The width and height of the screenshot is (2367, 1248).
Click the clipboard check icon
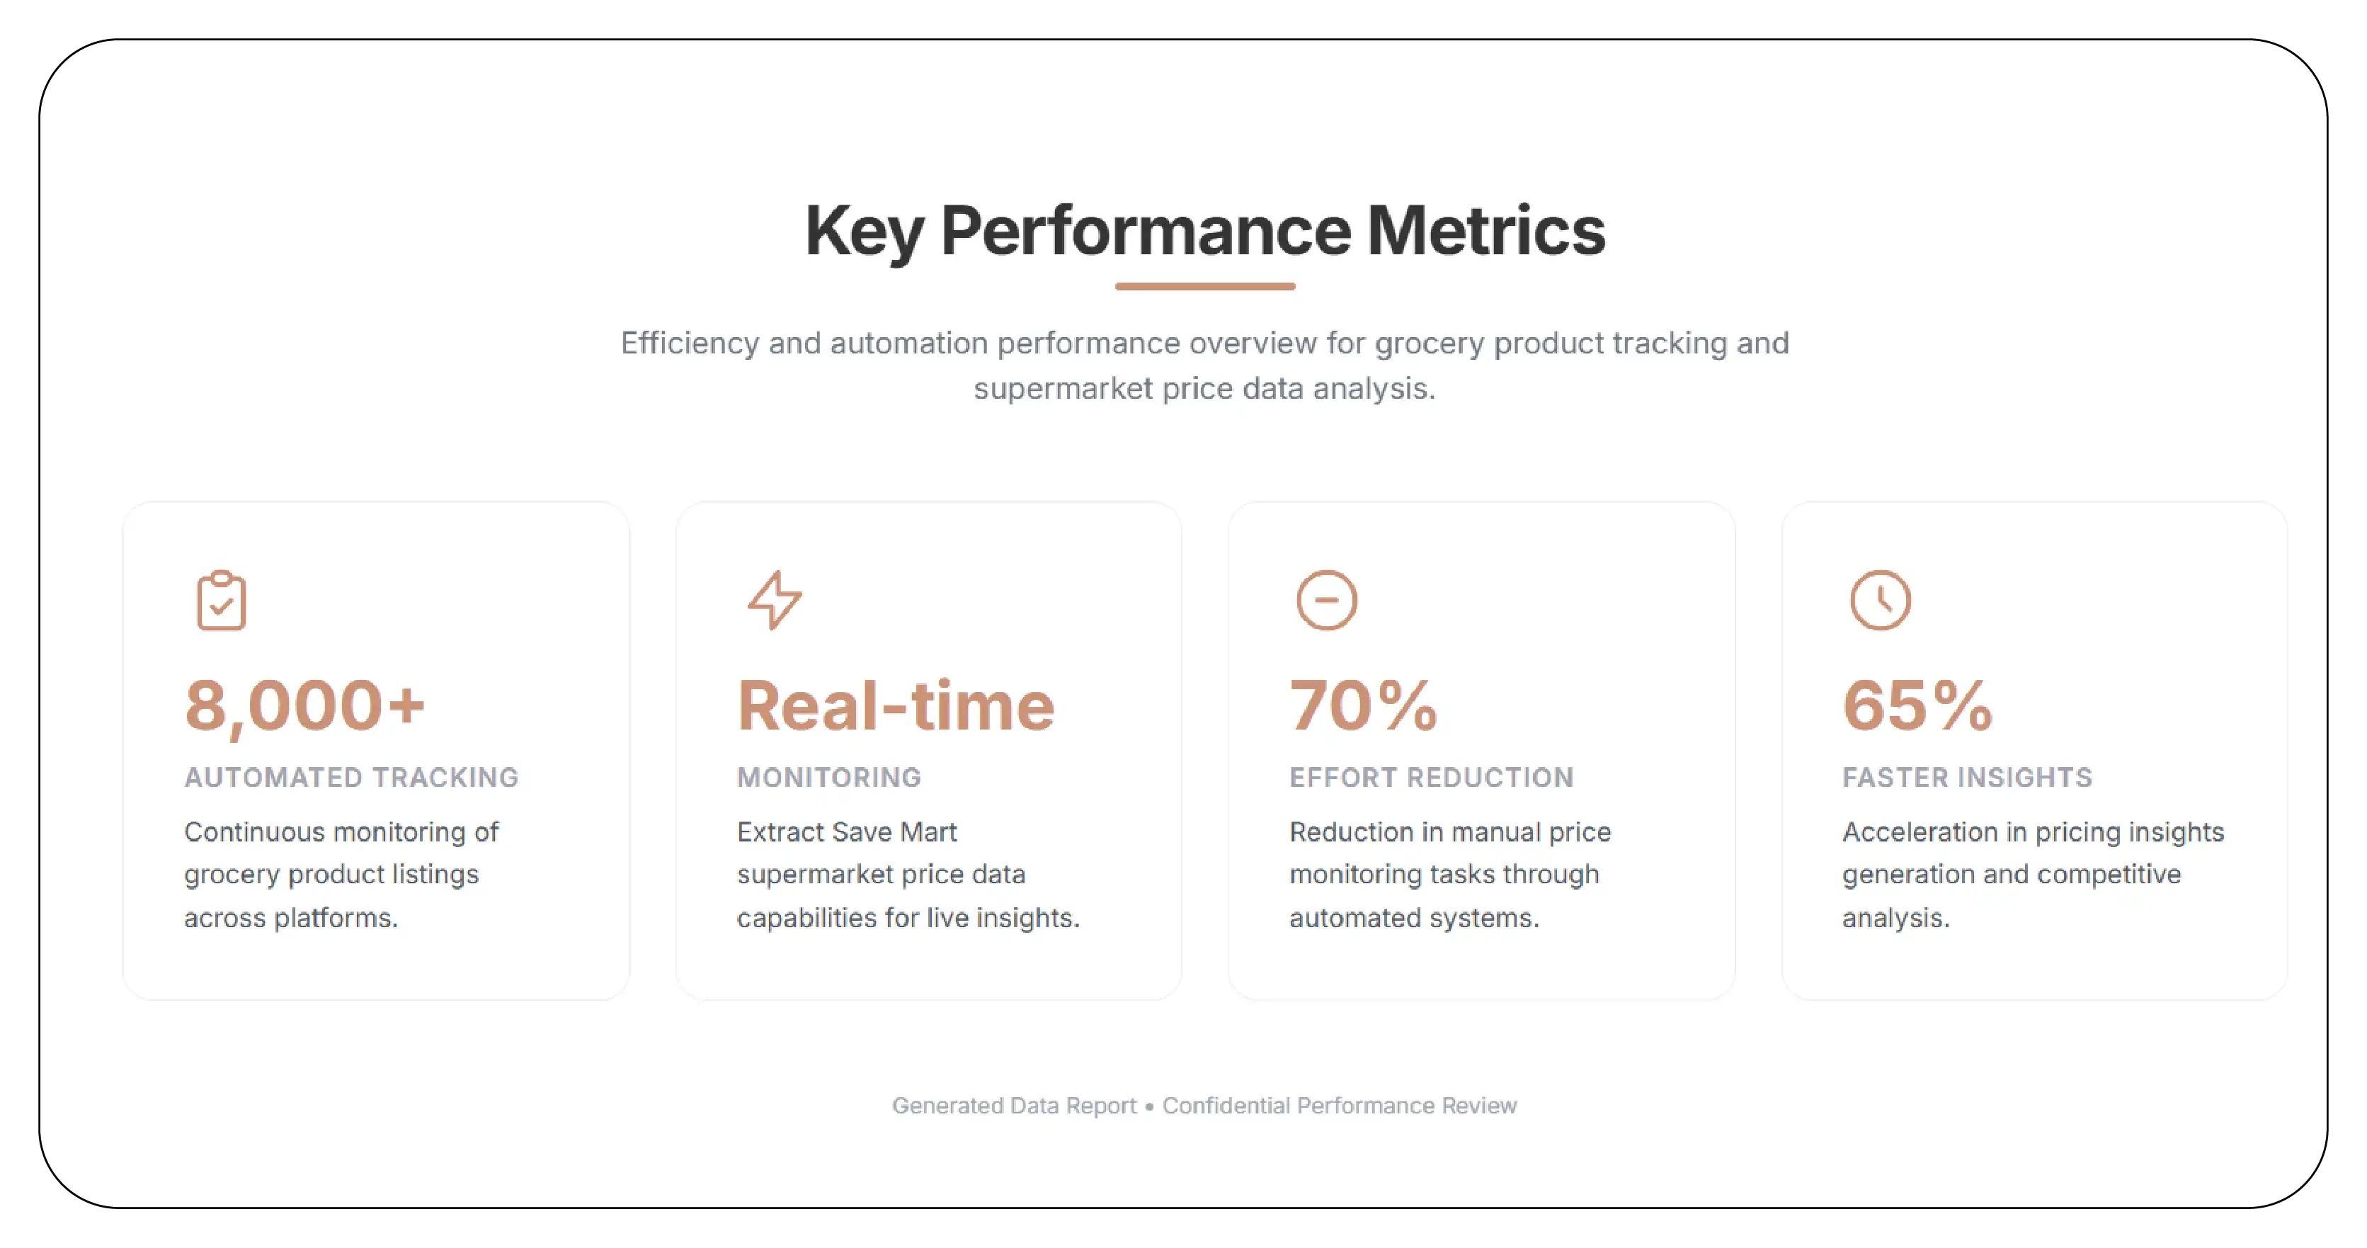pos(222,601)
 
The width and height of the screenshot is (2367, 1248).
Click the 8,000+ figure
pos(305,705)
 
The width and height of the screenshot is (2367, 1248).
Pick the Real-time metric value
pos(896,705)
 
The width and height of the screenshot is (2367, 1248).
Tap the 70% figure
pos(1364,705)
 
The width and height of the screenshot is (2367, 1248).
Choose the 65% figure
pos(1917,705)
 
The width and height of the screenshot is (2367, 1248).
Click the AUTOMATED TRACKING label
pos(351,778)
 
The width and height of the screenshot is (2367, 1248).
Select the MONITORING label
pos(829,778)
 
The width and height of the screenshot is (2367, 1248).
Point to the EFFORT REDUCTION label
pos(1432,778)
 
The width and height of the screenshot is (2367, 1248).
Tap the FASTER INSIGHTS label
pos(1967,778)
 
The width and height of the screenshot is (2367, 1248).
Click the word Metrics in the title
pos(1485,231)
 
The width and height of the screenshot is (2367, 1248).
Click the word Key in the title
pos(865,231)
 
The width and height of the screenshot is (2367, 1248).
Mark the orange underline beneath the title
pos(1204,287)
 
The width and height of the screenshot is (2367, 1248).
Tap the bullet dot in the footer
pos(1148,1106)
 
